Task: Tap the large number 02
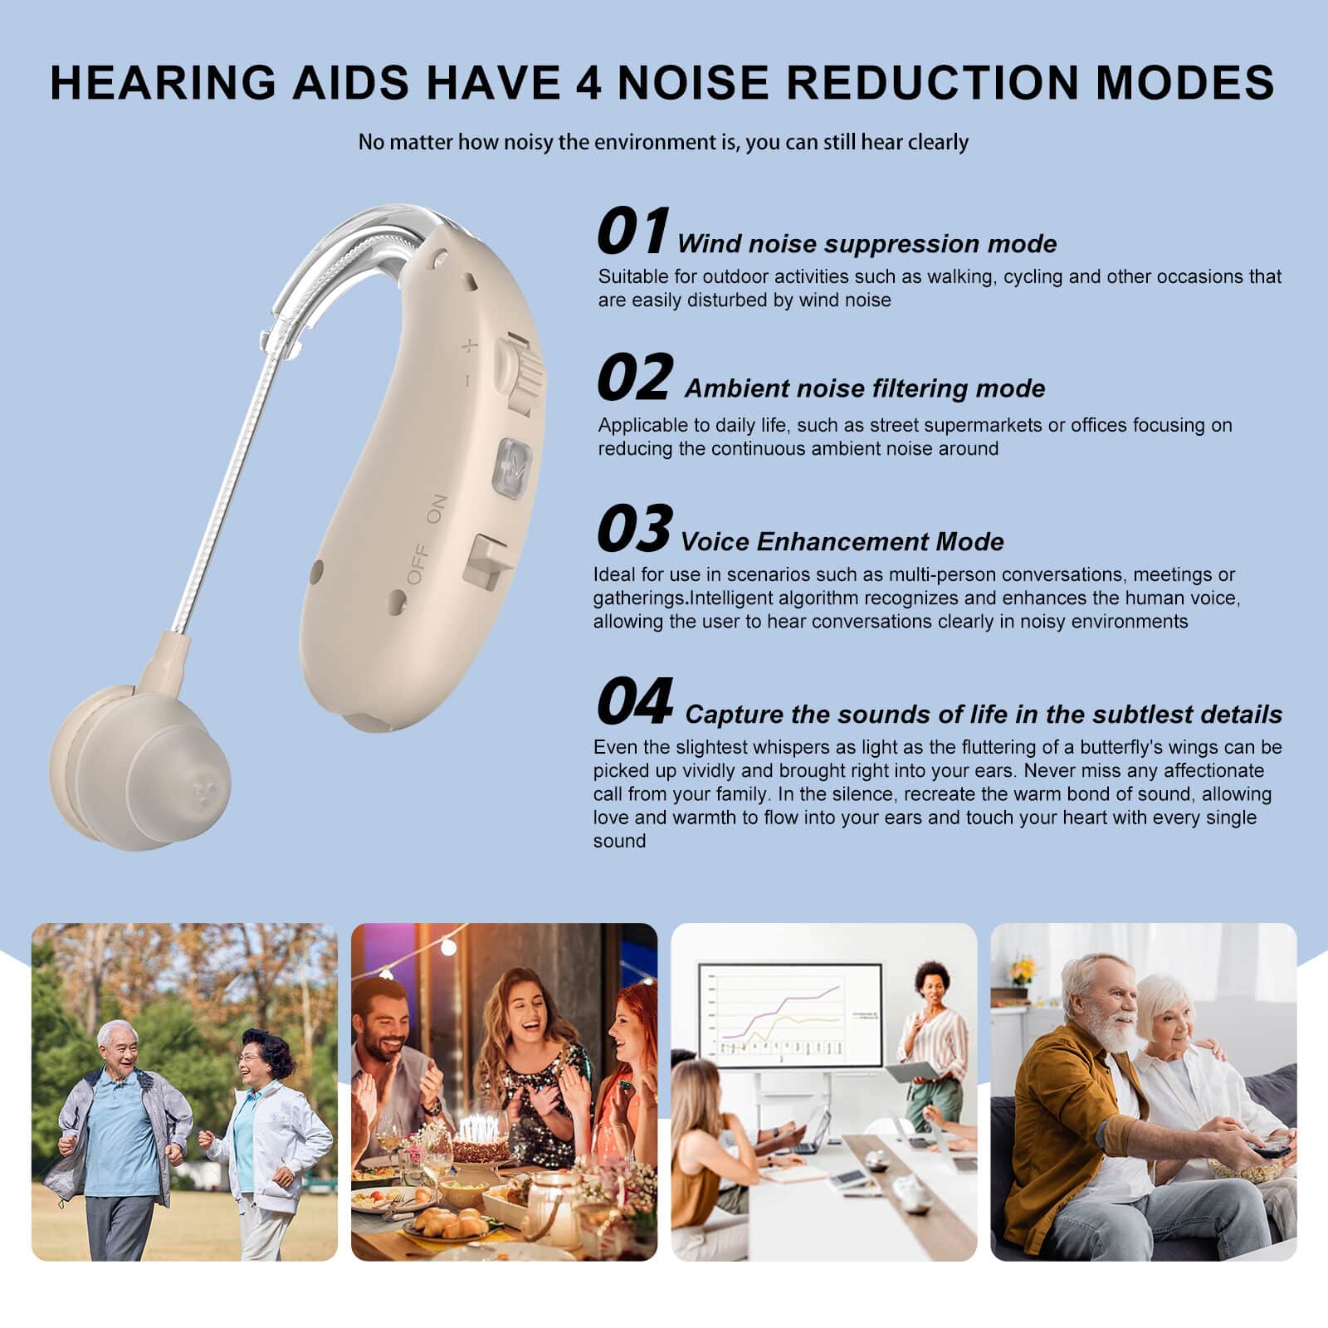click(634, 377)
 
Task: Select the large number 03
click(634, 528)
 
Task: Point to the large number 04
click(635, 701)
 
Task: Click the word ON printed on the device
click(437, 510)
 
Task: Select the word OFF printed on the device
click(417, 564)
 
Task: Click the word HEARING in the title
click(163, 82)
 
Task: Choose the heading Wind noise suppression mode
click(867, 244)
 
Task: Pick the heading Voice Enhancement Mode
click(842, 542)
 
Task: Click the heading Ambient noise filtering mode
click(865, 388)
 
